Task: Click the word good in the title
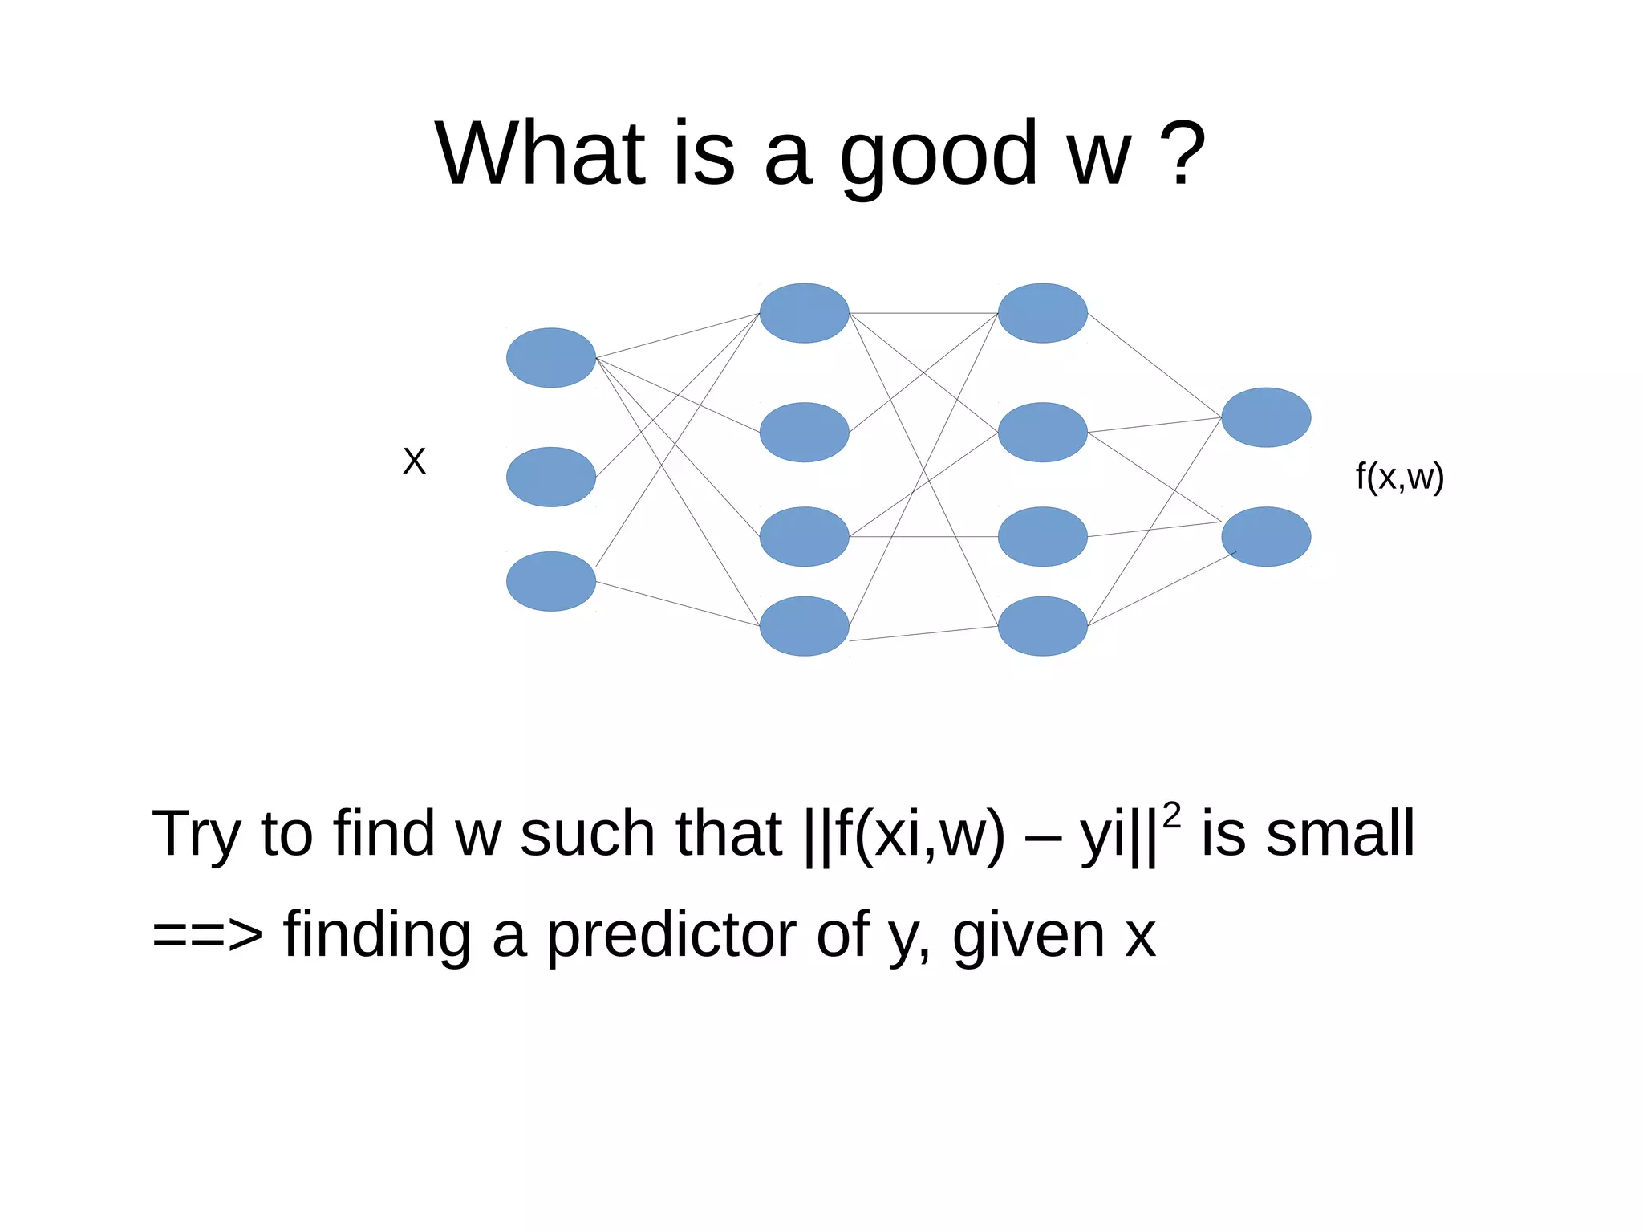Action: (x=939, y=155)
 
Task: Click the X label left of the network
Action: (x=414, y=461)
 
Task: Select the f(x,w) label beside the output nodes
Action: (x=1399, y=477)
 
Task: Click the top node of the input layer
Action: (x=550, y=358)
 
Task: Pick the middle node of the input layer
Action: (x=550, y=477)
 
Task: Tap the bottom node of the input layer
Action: (x=550, y=581)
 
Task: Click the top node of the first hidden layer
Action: (x=804, y=313)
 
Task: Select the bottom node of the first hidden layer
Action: (x=804, y=626)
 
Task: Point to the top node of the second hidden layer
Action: (x=1042, y=313)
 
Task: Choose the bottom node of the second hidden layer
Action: (x=1042, y=626)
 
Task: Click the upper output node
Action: (x=1266, y=417)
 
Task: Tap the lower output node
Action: (x=1266, y=536)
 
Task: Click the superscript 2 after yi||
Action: (x=1171, y=815)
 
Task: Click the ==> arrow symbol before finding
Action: (x=207, y=936)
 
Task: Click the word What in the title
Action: (x=540, y=153)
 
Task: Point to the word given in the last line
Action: (x=1028, y=936)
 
